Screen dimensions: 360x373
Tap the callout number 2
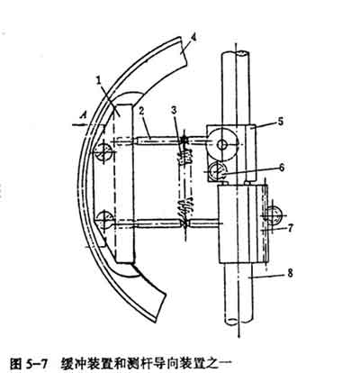pyautogui.click(x=142, y=111)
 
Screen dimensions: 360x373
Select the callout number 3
pyautogui.click(x=175, y=110)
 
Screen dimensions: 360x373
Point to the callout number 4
pyautogui.click(x=194, y=39)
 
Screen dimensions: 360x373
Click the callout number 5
pyautogui.click(x=281, y=122)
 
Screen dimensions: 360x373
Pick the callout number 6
pyautogui.click(x=281, y=168)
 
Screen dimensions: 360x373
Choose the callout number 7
pyautogui.click(x=290, y=228)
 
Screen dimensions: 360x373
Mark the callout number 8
pyautogui.click(x=290, y=274)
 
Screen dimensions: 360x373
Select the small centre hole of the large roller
pyautogui.click(x=222, y=145)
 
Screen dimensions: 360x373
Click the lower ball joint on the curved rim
pyautogui.click(x=104, y=220)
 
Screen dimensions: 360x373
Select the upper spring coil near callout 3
pyautogui.click(x=185, y=157)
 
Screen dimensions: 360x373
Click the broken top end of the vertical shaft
pyautogui.click(x=236, y=54)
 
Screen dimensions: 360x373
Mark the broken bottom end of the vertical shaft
pyautogui.click(x=238, y=321)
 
